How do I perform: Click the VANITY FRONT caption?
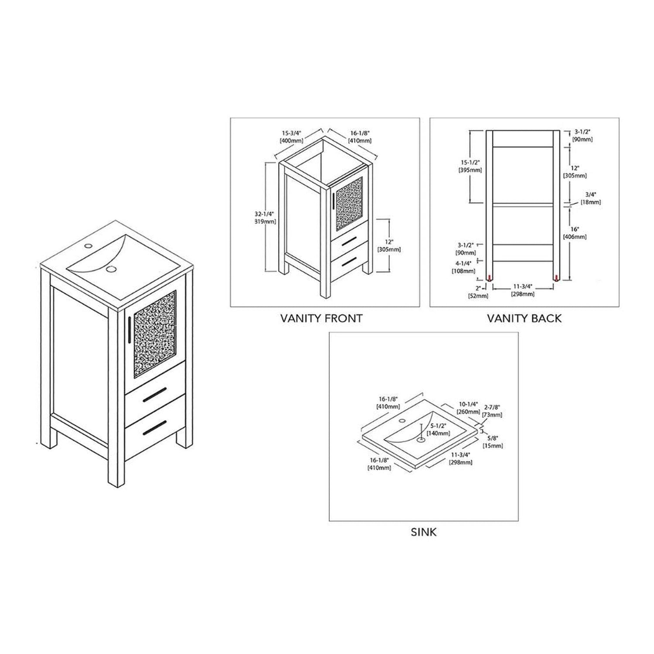coord(321,318)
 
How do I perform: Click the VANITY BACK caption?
coord(524,318)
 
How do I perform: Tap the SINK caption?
coord(423,532)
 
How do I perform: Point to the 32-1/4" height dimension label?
coord(265,218)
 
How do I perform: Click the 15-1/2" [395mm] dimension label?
coord(470,167)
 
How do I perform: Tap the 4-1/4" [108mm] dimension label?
coord(463,267)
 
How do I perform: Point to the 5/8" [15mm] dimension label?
coord(493,441)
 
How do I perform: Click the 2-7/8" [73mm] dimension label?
coord(492,411)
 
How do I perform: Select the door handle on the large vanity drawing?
coord(130,330)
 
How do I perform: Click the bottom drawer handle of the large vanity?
coord(154,426)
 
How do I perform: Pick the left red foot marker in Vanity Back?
coord(490,277)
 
